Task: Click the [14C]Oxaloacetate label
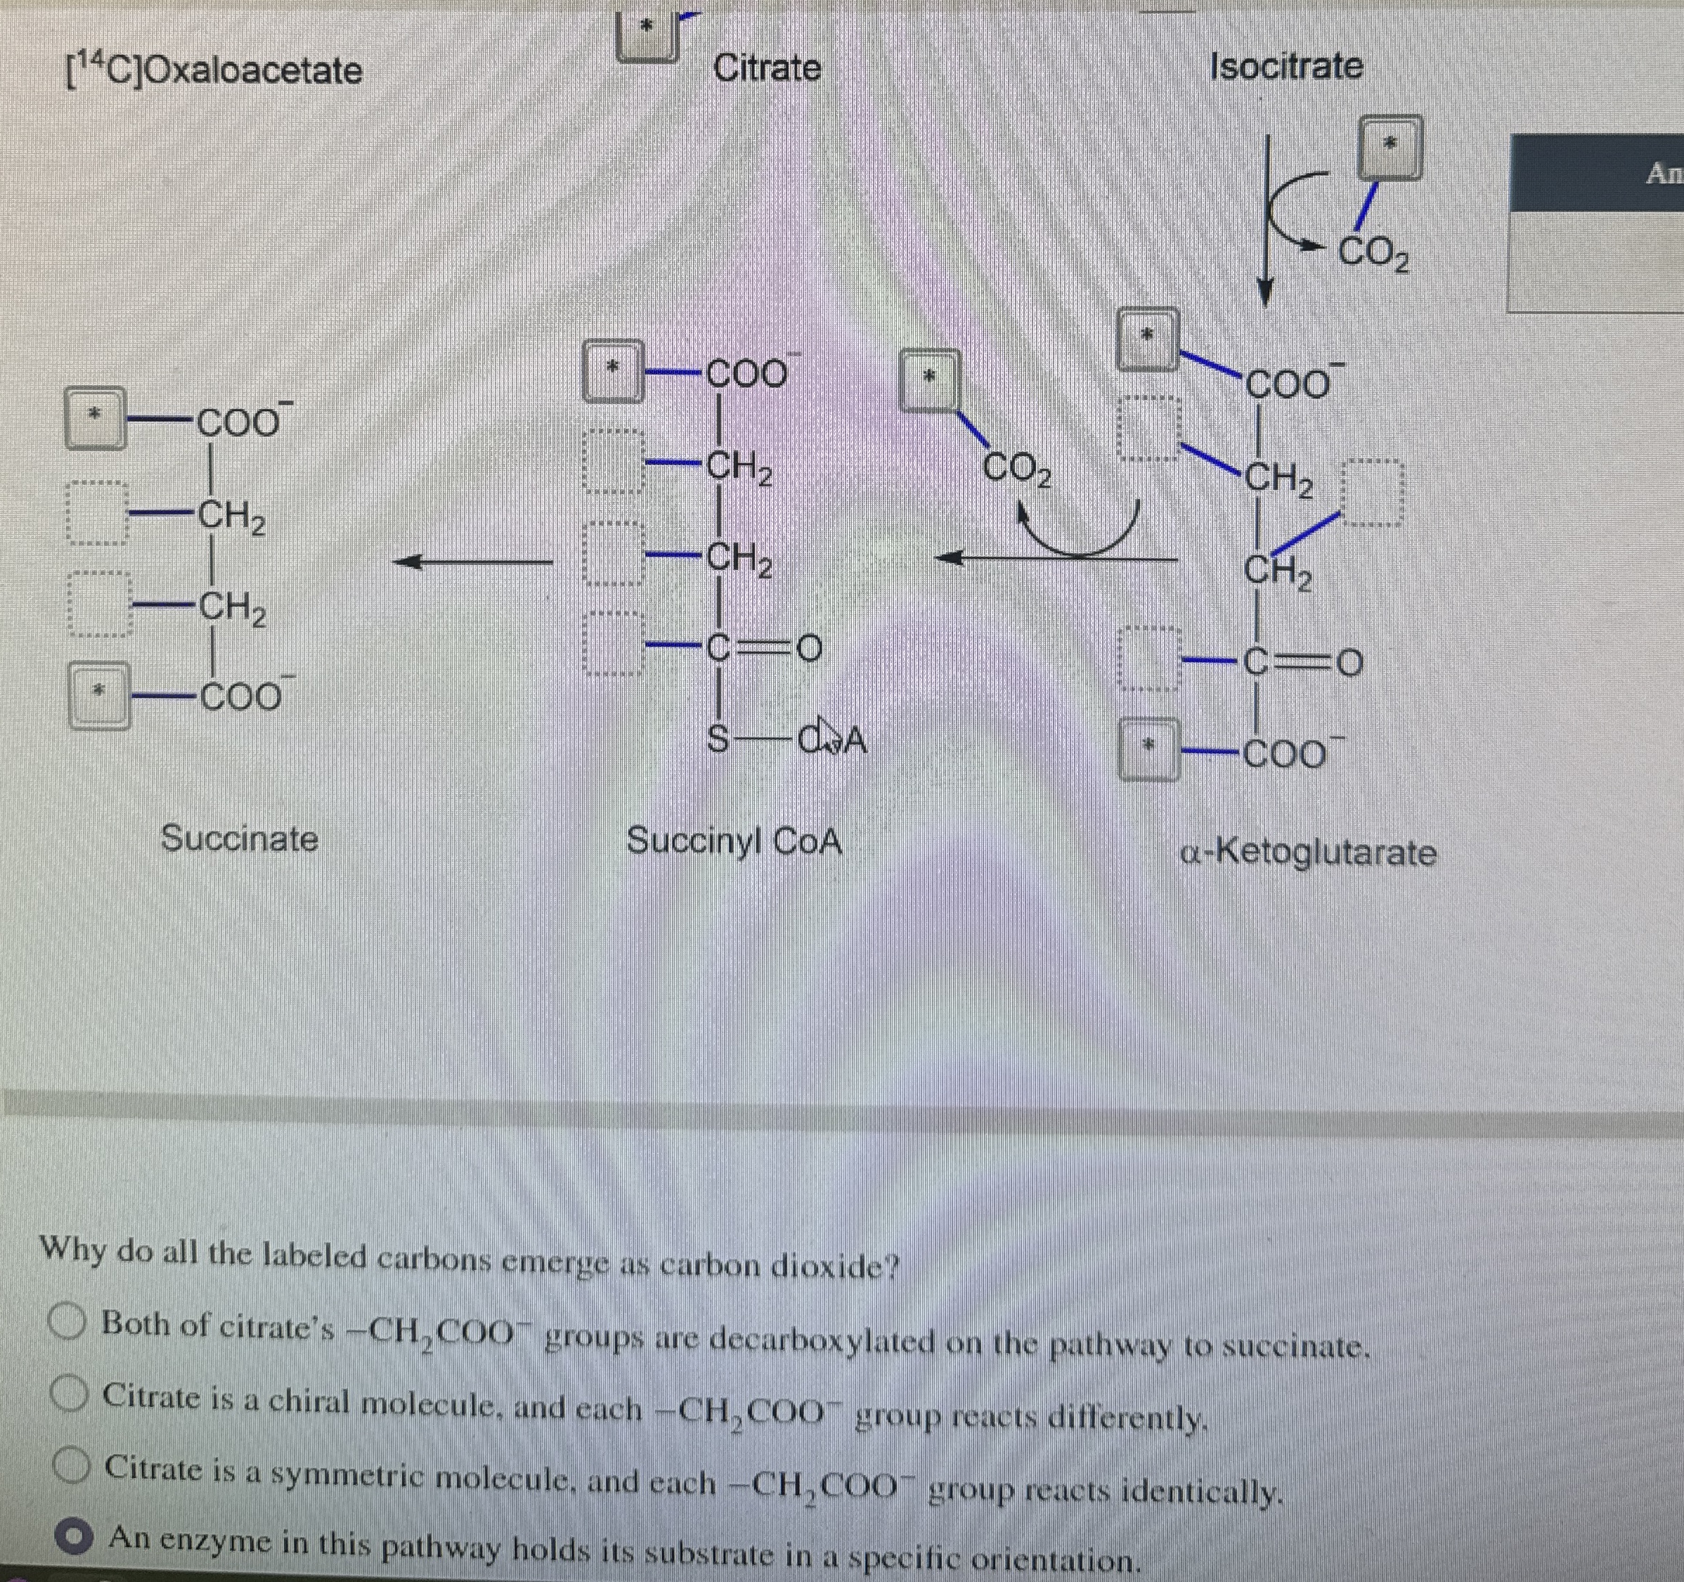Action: pyautogui.click(x=214, y=70)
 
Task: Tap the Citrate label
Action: pyautogui.click(x=767, y=67)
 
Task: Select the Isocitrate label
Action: pyautogui.click(x=1286, y=66)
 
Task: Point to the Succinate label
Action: pyautogui.click(x=240, y=838)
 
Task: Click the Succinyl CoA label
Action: pyautogui.click(x=734, y=841)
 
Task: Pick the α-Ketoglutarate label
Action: pyautogui.click(x=1309, y=852)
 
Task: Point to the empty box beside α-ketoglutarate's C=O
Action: pyautogui.click(x=1148, y=658)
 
